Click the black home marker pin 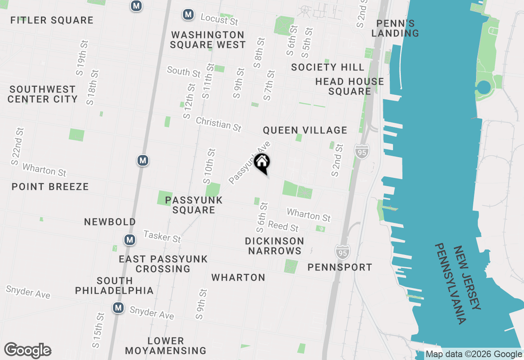tap(262, 163)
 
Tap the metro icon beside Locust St tap(188, 15)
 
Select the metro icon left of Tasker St tap(130, 239)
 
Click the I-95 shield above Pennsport tap(342, 252)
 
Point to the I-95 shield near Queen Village tap(362, 151)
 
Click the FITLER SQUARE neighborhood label tap(52, 20)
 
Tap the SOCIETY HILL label tap(327, 67)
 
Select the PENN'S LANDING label tap(395, 28)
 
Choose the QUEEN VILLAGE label tap(305, 130)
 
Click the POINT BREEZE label tap(50, 187)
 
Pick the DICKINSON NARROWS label tap(275, 245)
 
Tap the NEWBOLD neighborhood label tap(110, 222)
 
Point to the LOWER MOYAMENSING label tap(166, 346)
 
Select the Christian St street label tap(218, 124)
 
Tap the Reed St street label tap(283, 226)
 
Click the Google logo tap(27, 351)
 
